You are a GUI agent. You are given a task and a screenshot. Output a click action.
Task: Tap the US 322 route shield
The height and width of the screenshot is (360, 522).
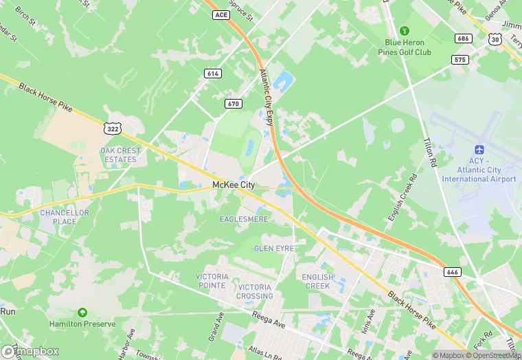(x=113, y=128)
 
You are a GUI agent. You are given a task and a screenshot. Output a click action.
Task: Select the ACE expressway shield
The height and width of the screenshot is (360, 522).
(x=221, y=14)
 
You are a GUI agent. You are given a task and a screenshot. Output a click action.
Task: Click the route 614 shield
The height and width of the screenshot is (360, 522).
(x=212, y=73)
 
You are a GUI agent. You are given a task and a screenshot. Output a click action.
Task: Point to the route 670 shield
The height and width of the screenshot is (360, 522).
(x=233, y=103)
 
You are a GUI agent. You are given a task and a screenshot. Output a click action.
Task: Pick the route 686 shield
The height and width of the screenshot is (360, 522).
(x=464, y=38)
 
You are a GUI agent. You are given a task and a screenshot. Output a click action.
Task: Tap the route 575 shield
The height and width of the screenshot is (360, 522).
(x=459, y=60)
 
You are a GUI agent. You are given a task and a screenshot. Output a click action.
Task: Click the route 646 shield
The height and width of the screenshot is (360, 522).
(x=452, y=272)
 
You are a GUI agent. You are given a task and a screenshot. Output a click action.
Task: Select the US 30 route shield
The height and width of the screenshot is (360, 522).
(x=495, y=41)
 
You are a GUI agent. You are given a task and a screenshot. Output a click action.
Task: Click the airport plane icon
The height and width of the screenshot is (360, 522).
(x=479, y=150)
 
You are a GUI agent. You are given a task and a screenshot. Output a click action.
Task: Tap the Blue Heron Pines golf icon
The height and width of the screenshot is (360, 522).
(x=405, y=31)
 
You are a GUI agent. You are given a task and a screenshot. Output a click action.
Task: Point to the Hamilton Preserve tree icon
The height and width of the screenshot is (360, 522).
(x=82, y=313)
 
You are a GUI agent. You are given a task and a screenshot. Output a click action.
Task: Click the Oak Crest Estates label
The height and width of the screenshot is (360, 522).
(x=120, y=155)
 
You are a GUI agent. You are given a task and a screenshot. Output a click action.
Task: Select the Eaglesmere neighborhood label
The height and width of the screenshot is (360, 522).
(x=244, y=219)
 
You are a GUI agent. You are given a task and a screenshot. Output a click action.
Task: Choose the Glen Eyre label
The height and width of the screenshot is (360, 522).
(x=273, y=248)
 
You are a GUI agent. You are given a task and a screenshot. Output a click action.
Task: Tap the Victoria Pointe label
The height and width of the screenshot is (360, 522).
(x=212, y=280)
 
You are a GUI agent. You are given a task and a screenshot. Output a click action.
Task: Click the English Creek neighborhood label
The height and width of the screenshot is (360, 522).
(x=317, y=281)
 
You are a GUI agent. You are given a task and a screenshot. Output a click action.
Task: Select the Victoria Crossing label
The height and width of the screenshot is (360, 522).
(x=255, y=291)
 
